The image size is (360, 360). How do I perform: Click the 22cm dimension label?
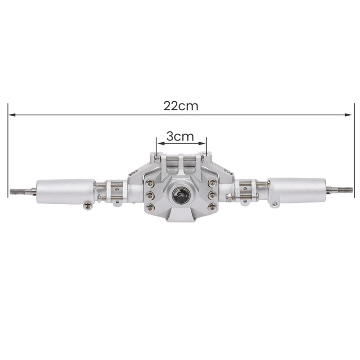[180, 106]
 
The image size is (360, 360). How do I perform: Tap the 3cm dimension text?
[180, 136]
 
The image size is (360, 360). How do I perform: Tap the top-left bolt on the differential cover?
[149, 183]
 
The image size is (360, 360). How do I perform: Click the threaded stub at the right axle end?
[342, 189]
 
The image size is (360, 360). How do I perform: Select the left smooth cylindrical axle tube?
[65, 191]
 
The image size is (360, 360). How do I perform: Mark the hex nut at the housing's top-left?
[157, 158]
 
